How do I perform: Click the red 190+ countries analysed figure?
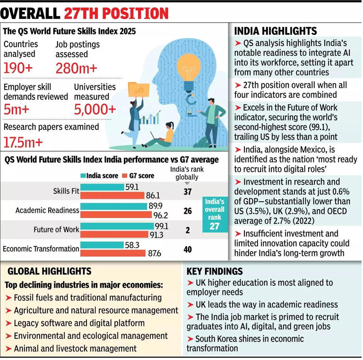[x=18, y=69]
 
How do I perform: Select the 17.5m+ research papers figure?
[x=23, y=142]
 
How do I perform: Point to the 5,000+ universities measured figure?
[x=95, y=110]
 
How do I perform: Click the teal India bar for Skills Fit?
[x=102, y=188]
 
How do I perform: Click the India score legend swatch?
[x=83, y=176]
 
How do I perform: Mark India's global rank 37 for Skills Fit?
[x=188, y=191]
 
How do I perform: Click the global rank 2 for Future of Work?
[x=188, y=231]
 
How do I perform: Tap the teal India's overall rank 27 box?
[x=214, y=214]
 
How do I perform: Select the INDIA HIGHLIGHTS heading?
[x=275, y=32]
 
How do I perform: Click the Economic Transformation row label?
[x=41, y=249]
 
